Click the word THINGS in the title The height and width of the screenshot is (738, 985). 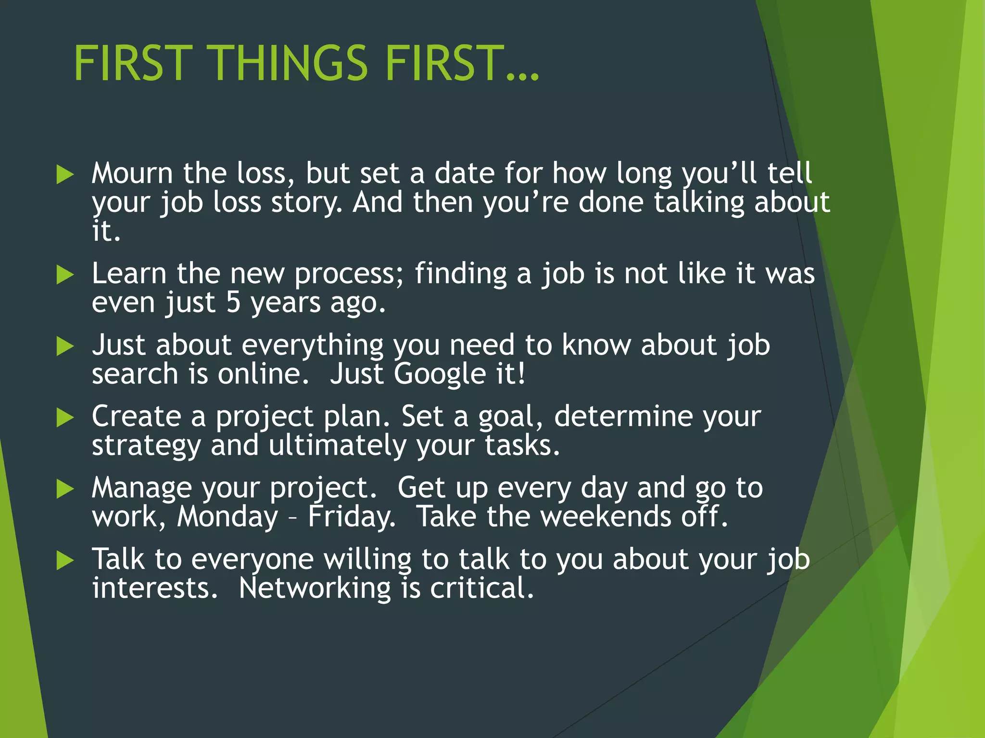(x=289, y=63)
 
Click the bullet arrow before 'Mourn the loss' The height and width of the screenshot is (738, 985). (x=65, y=174)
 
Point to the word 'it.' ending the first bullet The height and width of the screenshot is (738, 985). (x=106, y=231)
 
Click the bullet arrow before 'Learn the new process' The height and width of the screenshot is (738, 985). (x=65, y=275)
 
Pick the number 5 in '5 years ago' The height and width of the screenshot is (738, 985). (x=233, y=303)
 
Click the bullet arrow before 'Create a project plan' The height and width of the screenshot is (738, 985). (x=65, y=418)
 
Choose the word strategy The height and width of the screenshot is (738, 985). (x=146, y=446)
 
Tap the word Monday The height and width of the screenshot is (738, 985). (x=227, y=517)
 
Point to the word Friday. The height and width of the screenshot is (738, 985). (x=352, y=517)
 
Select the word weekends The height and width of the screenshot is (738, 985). (x=606, y=517)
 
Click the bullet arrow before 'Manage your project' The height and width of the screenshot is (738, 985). (x=65, y=489)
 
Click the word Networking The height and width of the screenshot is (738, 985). (x=315, y=589)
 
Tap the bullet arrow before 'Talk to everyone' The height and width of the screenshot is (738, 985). (x=65, y=560)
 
